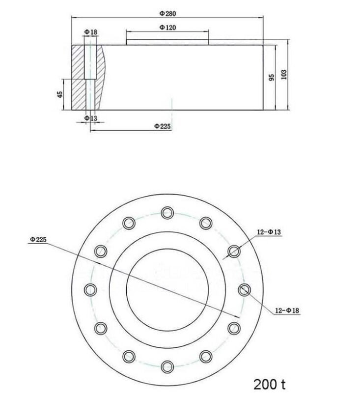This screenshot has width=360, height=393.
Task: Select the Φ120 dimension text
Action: tap(167, 28)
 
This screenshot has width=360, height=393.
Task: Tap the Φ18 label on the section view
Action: tap(90, 32)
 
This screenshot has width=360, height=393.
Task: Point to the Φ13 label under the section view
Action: tap(90, 118)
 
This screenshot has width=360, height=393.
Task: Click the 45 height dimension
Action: tap(60, 94)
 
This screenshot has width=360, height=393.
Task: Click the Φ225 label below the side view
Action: tap(162, 126)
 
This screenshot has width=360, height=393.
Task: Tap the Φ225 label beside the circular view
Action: tap(38, 239)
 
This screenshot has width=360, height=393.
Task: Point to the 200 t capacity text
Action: tap(270, 383)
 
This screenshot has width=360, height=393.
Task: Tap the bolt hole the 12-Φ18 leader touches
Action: tap(245, 290)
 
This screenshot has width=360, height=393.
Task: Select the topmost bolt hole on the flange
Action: tap(167, 212)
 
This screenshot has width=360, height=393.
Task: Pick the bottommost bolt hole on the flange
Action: tap(167, 366)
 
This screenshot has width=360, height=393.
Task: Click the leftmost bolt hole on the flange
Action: tap(90, 289)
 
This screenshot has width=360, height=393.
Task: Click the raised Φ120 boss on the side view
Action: tap(167, 43)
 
